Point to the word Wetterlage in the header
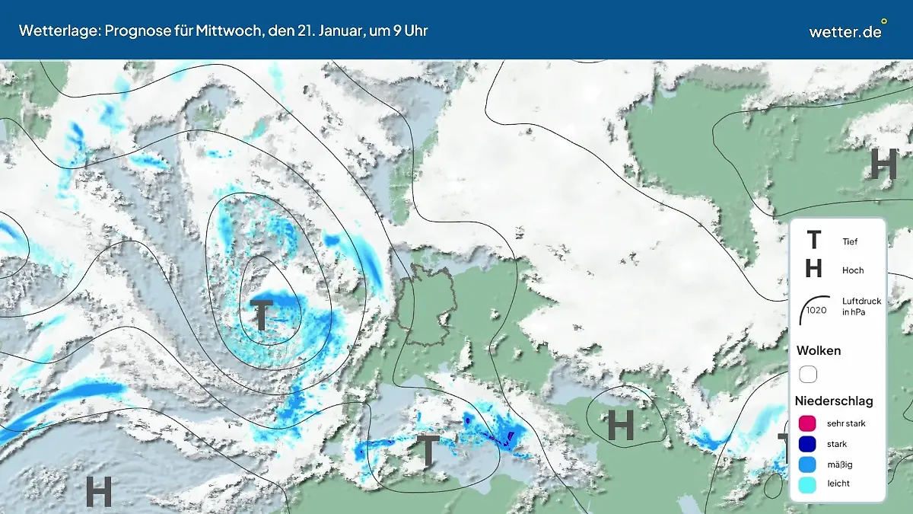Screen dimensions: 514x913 [58, 30]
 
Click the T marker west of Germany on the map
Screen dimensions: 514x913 [262, 315]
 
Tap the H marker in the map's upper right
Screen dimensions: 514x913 [883, 164]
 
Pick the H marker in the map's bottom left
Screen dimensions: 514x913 [99, 491]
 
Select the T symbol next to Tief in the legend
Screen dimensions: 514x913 [813, 241]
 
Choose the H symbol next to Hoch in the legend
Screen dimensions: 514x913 [813, 269]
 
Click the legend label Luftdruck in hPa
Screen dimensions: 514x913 [861, 306]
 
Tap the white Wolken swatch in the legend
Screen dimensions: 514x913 [808, 374]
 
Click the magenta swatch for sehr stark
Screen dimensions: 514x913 [808, 423]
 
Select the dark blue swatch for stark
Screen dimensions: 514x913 [808, 443]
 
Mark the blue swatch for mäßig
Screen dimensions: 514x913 [808, 464]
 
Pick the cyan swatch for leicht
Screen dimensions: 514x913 [808, 484]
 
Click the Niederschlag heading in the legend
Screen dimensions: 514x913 [834, 401]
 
